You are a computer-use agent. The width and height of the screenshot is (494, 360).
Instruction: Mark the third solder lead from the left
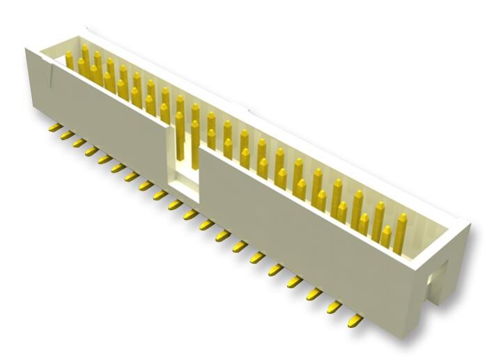(x=78, y=143)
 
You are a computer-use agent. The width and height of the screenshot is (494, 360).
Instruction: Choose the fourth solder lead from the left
(x=91, y=150)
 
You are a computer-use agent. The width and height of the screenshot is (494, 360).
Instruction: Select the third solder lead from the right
(x=315, y=294)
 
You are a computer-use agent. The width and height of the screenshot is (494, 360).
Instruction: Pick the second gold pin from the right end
(x=380, y=221)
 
